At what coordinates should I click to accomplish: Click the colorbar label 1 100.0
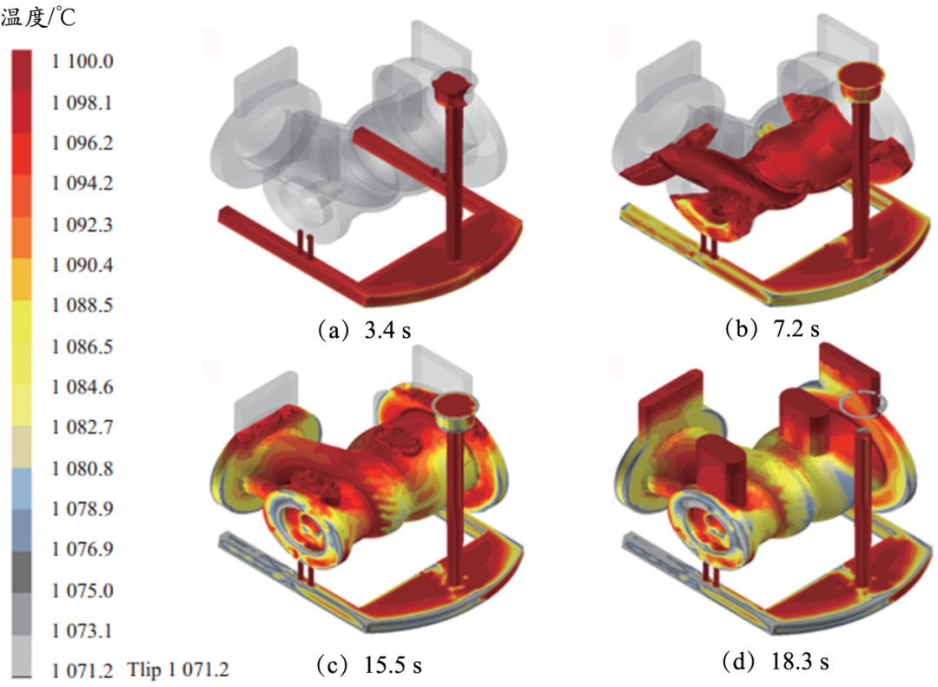point(82,61)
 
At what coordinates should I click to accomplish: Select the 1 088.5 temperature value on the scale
point(82,305)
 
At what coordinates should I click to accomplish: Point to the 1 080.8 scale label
point(82,468)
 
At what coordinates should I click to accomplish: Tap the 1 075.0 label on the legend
point(82,590)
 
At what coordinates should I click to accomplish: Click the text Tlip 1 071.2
point(178,669)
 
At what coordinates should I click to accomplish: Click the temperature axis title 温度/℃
point(38,17)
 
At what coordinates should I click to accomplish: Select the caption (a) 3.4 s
point(364,330)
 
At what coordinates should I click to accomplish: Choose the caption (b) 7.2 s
point(772,328)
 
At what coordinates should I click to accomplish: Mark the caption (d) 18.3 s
point(776,661)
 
